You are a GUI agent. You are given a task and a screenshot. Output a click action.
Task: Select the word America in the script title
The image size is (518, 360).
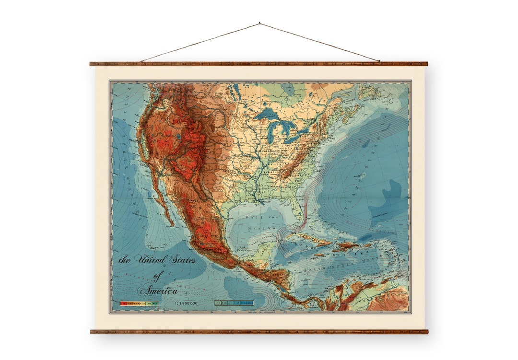[x=159, y=291]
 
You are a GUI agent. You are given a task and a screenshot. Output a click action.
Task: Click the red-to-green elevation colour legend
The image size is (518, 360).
[x=139, y=303]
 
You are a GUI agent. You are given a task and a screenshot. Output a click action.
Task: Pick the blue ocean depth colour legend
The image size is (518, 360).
[x=234, y=303]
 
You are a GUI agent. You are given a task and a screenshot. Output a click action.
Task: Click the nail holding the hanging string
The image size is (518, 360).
[x=259, y=23]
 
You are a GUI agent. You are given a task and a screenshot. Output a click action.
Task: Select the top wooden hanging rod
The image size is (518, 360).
[x=259, y=64]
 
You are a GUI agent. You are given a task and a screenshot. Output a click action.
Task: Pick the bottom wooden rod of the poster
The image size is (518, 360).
[x=259, y=331]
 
